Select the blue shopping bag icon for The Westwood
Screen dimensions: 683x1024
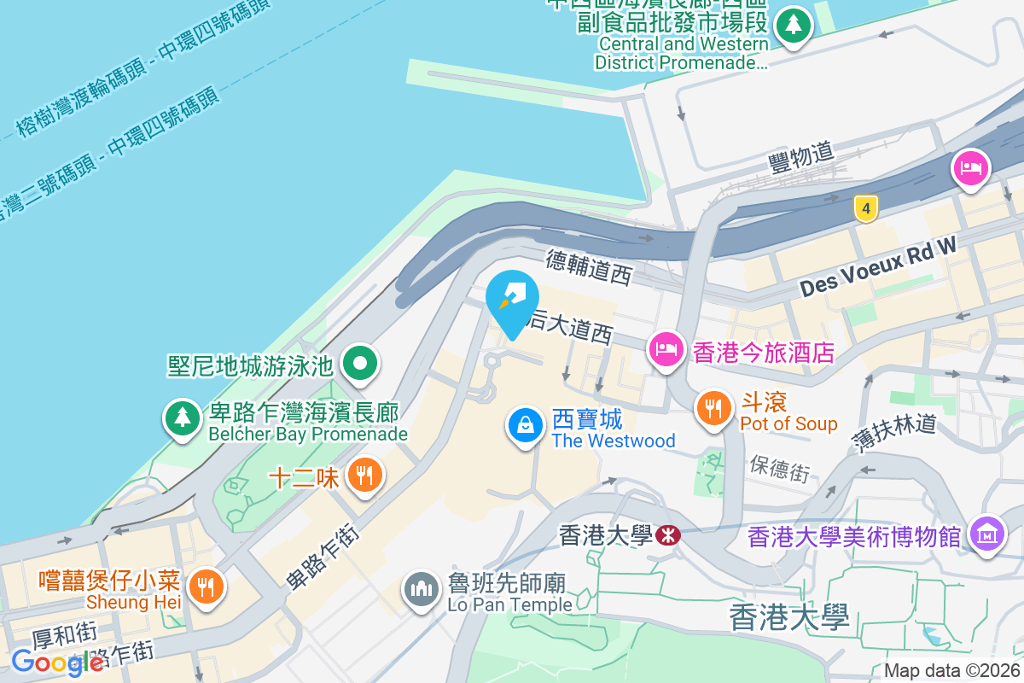527,424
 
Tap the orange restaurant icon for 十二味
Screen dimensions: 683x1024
365,476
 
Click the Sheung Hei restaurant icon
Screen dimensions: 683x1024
205,587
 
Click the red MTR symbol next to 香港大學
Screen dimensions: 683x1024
666,535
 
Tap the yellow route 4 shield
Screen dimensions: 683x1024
865,207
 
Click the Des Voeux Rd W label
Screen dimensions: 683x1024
878,266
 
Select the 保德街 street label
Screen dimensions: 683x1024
780,467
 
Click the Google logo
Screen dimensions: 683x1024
56,663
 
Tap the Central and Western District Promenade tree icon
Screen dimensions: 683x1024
794,25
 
